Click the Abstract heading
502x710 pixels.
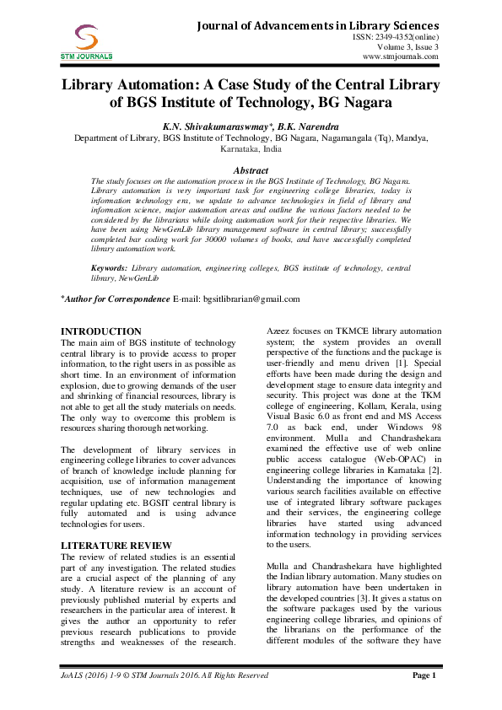[x=251, y=170]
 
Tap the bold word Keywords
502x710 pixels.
[x=111, y=267]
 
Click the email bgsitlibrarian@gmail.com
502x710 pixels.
[x=249, y=299]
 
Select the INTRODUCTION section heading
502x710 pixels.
[x=102, y=331]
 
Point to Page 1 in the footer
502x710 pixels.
[x=423, y=675]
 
